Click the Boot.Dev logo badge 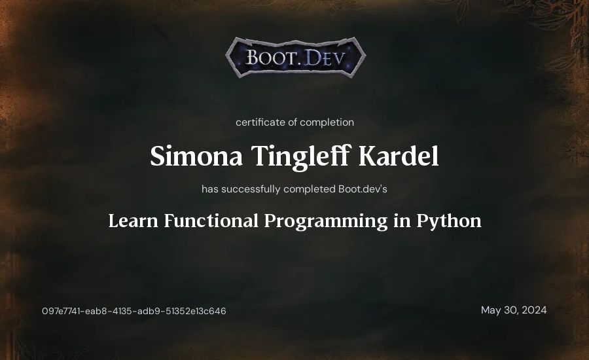point(295,58)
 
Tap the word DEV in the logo point(324,58)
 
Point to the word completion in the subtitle point(327,122)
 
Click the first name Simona point(196,156)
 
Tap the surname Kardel point(399,156)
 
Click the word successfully point(251,189)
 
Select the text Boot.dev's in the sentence point(363,189)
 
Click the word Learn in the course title point(134,221)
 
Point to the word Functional point(211,221)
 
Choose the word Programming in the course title point(326,221)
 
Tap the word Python point(449,221)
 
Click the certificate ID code point(134,311)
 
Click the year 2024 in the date point(534,310)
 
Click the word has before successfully point(210,189)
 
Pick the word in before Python point(402,221)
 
